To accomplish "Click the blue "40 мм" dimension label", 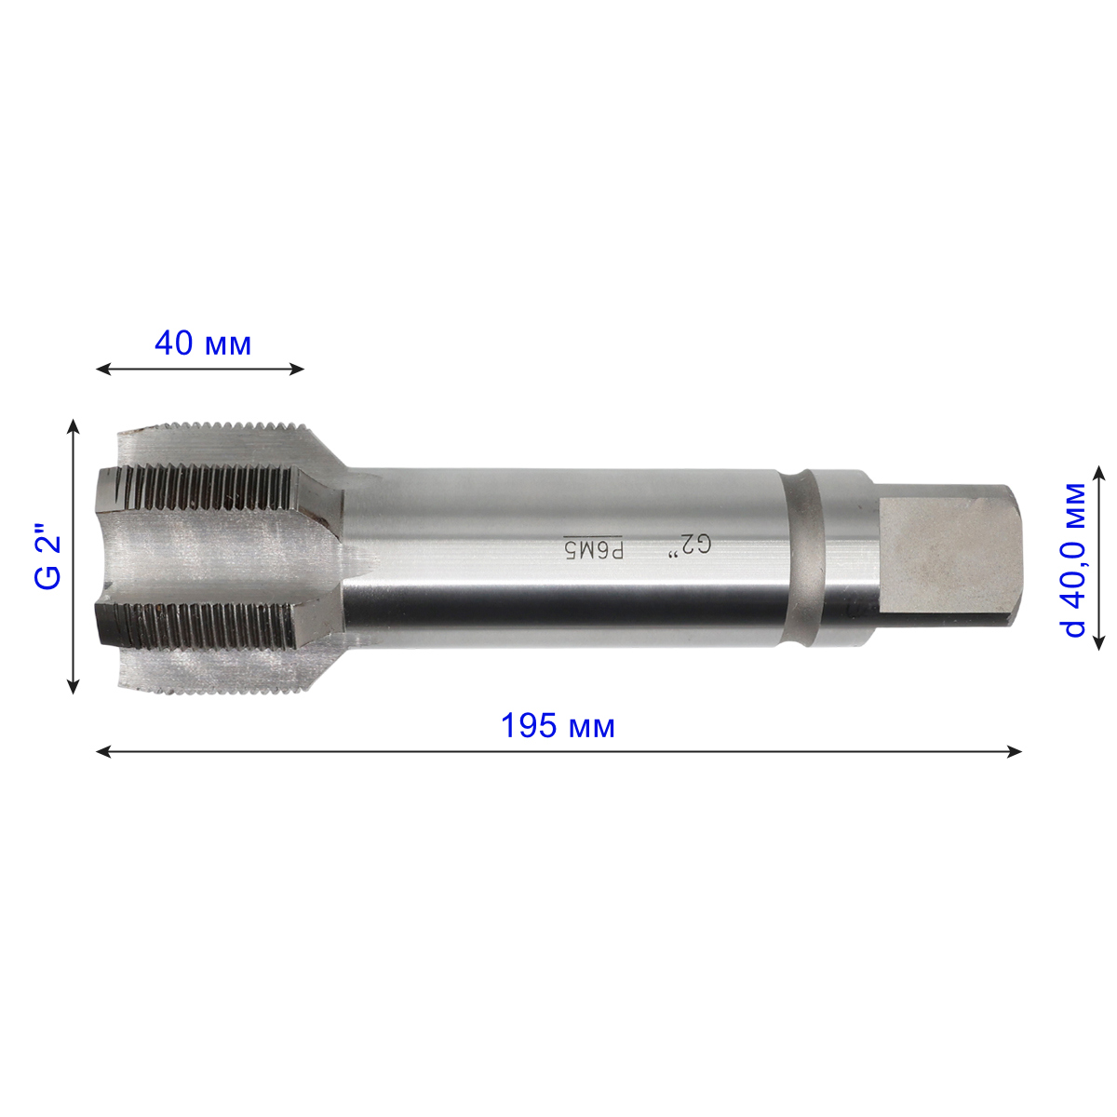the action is point(202,343).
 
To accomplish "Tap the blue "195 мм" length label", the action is point(557,725).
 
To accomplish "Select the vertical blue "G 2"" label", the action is point(48,557).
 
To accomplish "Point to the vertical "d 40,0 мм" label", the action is point(1074,559).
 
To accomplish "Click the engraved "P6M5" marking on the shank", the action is point(594,547).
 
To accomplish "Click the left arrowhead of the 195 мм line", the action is point(103,752).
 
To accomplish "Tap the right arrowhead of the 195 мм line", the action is point(1015,752).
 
